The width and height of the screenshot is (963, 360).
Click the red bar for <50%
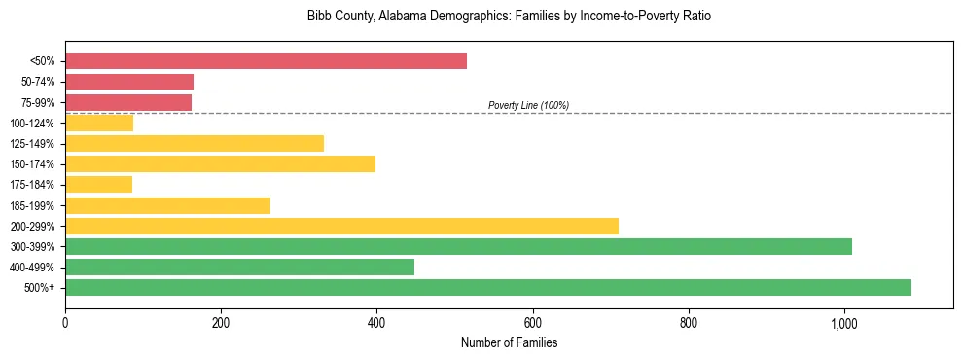(x=266, y=61)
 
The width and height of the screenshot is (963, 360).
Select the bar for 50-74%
(x=129, y=82)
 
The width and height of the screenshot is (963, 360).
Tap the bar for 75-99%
(x=128, y=102)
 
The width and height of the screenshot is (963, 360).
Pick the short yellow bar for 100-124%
(x=99, y=123)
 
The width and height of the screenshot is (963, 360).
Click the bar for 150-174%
(x=220, y=164)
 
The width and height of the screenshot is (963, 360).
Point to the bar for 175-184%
(x=98, y=185)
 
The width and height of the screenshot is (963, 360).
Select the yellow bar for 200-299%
(x=341, y=226)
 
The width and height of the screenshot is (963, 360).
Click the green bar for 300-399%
(x=458, y=246)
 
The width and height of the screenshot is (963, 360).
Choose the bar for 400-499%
(x=239, y=267)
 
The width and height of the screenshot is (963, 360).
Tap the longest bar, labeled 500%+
(x=488, y=287)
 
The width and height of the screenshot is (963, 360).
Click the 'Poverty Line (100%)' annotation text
(x=528, y=105)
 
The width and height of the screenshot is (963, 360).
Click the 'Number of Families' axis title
(x=509, y=342)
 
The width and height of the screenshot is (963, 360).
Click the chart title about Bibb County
(x=509, y=17)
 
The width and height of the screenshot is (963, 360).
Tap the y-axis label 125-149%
(x=32, y=144)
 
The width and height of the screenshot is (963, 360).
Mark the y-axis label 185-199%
(x=32, y=205)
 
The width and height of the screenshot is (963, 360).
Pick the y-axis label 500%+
(x=40, y=288)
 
